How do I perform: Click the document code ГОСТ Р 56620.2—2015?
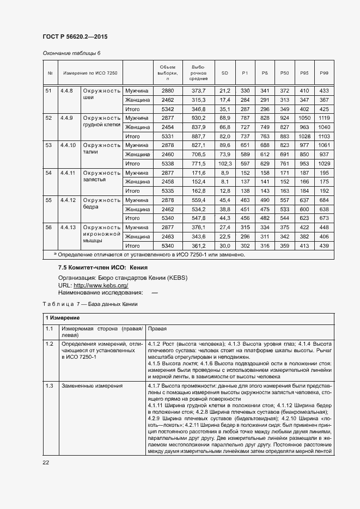tap(75, 36)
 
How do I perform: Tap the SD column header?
tap(225, 73)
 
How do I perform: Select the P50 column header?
tap(284, 73)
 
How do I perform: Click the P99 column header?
tap(324, 73)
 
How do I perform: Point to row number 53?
tap(48, 145)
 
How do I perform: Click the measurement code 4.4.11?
tap(68, 173)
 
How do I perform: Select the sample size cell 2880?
tap(168, 90)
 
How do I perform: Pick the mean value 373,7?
tap(198, 90)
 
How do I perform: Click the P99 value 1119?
tap(324, 118)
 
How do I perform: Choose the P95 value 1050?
tap(304, 118)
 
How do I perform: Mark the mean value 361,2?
tap(198, 246)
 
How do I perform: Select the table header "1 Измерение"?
tap(62, 317)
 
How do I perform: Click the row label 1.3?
tap(49, 386)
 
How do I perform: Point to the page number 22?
tap(46, 462)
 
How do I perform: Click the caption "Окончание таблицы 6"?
tap(71, 53)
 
